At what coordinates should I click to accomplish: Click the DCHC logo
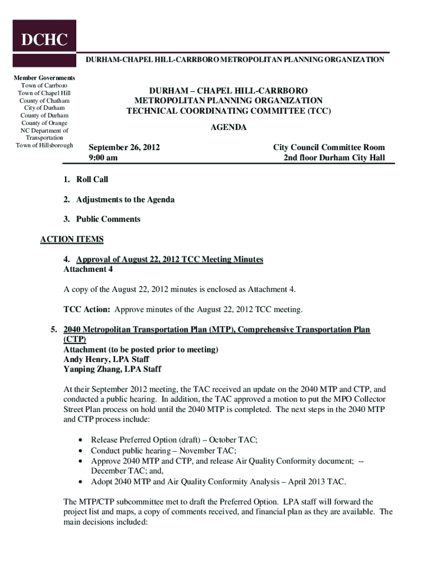[44, 40]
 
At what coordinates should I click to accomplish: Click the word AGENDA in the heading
[228, 128]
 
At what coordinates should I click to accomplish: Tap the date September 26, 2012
[124, 147]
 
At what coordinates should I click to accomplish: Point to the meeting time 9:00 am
[103, 158]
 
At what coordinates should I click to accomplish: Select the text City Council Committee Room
[329, 147]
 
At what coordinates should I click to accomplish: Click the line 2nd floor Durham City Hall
[334, 158]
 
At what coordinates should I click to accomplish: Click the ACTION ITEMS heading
[72, 239]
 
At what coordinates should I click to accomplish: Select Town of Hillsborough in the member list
[45, 146]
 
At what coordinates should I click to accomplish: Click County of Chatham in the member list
[45, 100]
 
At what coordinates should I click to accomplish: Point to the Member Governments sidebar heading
[45, 77]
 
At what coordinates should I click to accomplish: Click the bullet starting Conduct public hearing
[163, 450]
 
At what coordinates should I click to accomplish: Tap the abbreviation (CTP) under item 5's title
[75, 340]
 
